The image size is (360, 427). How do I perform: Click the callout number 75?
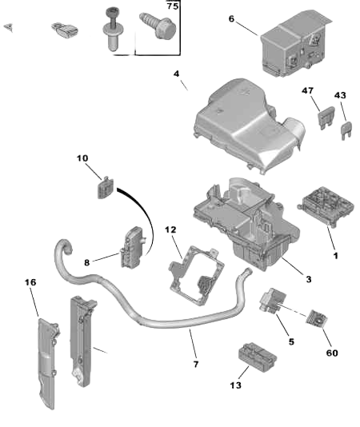(173, 6)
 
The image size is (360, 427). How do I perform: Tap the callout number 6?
(231, 18)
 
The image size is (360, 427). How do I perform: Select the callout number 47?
(308, 90)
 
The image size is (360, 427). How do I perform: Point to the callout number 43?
(340, 95)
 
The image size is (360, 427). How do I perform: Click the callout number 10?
(82, 158)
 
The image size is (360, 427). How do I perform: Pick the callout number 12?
(170, 229)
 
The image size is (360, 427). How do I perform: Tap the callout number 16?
(30, 282)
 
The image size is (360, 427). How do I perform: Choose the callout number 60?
(332, 353)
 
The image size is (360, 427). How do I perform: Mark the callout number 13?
(236, 385)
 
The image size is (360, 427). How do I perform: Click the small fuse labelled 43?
(346, 130)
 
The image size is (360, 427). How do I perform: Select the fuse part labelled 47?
(326, 118)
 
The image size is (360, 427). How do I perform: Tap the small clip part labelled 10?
(105, 187)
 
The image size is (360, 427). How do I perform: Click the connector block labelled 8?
(133, 247)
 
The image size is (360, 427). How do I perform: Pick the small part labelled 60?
(317, 317)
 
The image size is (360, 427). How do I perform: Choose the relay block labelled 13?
(258, 357)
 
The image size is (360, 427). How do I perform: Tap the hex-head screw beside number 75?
(158, 26)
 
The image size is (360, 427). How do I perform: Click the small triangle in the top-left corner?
(9, 27)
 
